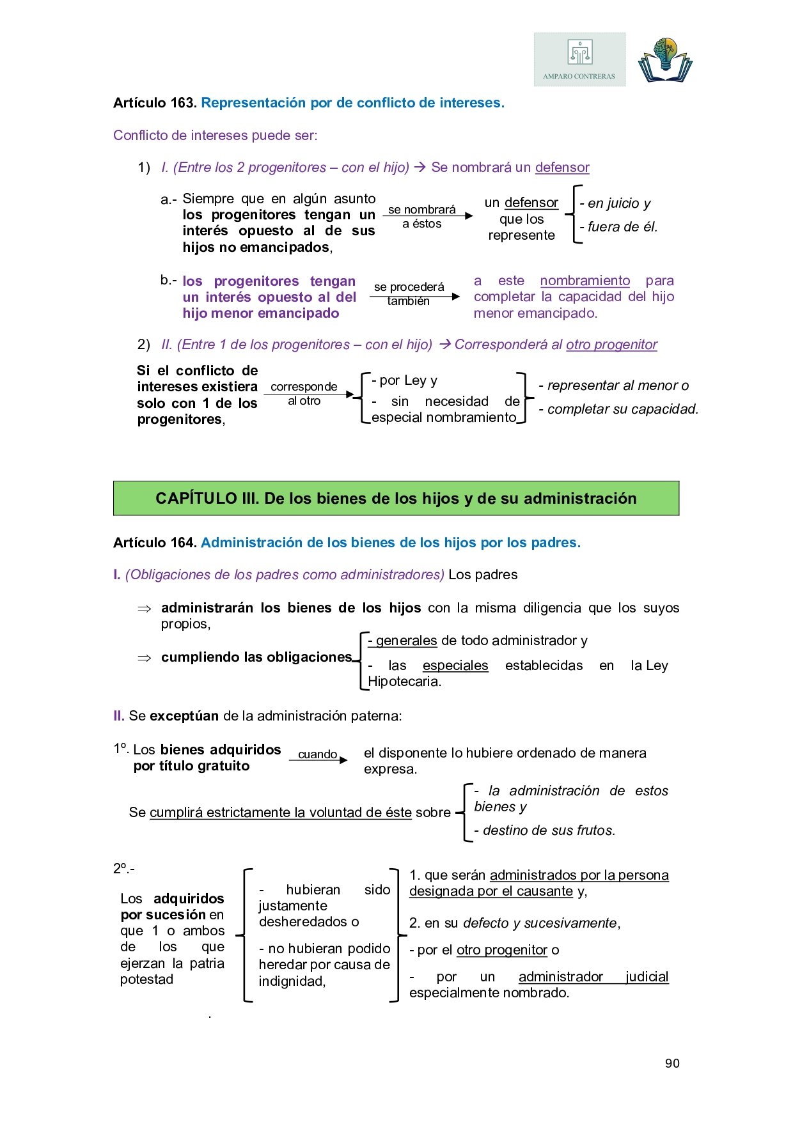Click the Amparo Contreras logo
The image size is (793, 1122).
pyautogui.click(x=579, y=59)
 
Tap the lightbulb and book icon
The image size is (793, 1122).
pyautogui.click(x=665, y=60)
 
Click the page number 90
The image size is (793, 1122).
pyautogui.click(x=672, y=1063)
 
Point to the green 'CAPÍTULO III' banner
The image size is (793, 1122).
pyautogui.click(x=396, y=499)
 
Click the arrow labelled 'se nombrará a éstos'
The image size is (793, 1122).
pyautogui.click(x=427, y=216)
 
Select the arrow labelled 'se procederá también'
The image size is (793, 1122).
pyautogui.click(x=414, y=296)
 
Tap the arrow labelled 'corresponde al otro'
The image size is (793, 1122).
pyautogui.click(x=309, y=394)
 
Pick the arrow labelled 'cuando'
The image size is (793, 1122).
pyautogui.click(x=318, y=760)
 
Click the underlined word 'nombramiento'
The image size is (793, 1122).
pyautogui.click(x=585, y=281)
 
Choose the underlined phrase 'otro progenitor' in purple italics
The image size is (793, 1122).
pyautogui.click(x=611, y=345)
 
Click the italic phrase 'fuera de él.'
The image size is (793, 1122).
pyautogui.click(x=618, y=227)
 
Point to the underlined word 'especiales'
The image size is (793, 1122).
pyautogui.click(x=455, y=666)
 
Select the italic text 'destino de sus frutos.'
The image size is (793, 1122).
pyautogui.click(x=549, y=830)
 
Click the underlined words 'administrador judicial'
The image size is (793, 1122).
pyautogui.click(x=593, y=977)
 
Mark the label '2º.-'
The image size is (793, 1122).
pyautogui.click(x=124, y=868)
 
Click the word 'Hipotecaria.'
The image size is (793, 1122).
pyautogui.click(x=404, y=682)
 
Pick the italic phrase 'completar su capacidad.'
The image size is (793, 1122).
pyautogui.click(x=622, y=409)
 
